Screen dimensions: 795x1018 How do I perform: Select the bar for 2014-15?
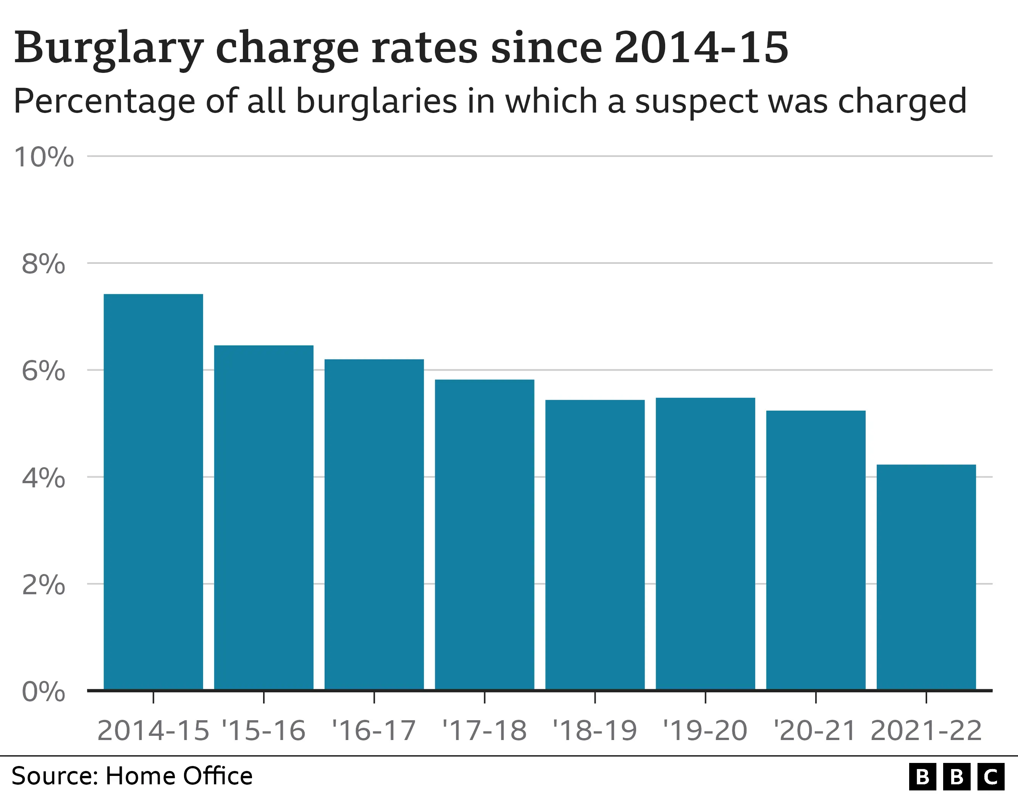(154, 492)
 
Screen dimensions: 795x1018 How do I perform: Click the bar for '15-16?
(264, 517)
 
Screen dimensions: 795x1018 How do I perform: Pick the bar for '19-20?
(705, 543)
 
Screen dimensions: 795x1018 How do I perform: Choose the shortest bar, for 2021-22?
(926, 577)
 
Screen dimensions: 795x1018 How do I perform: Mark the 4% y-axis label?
(44, 478)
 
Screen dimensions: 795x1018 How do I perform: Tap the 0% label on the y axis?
(44, 692)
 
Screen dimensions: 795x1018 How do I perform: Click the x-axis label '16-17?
(374, 730)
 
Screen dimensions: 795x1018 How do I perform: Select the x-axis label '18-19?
(595, 730)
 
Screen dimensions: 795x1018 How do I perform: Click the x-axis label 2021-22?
(926, 730)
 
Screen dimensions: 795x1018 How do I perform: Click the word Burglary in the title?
(108, 48)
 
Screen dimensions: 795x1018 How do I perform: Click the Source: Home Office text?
(132, 776)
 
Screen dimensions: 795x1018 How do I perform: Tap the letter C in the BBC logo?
(991, 777)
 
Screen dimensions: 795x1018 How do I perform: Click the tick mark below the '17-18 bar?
(485, 698)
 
